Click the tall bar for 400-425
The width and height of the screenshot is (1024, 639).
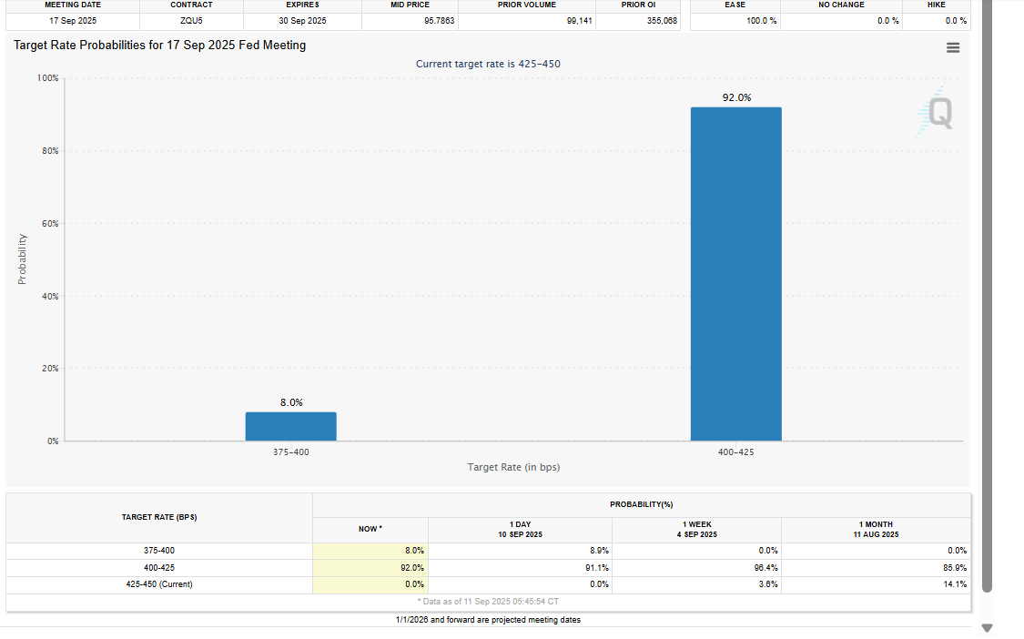pos(735,273)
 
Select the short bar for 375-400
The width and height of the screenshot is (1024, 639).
pos(290,427)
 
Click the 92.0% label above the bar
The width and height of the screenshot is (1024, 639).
pos(736,97)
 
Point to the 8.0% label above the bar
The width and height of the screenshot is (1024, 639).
pos(291,402)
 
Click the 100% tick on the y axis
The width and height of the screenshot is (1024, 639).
pos(47,78)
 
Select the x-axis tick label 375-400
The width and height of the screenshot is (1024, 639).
pos(290,451)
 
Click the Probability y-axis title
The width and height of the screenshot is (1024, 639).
pos(22,259)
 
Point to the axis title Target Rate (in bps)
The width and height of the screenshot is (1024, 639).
pos(513,467)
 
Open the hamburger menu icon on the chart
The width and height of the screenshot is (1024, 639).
pos(952,48)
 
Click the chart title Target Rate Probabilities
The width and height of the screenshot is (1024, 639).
pos(160,46)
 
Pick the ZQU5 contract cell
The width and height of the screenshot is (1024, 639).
pos(192,20)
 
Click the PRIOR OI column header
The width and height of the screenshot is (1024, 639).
pos(638,5)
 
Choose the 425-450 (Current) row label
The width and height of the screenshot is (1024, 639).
pos(159,584)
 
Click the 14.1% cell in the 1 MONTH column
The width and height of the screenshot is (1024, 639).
pos(956,584)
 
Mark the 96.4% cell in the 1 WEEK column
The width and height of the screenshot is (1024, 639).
pos(766,568)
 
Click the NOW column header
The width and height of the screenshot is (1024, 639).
pos(370,529)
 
